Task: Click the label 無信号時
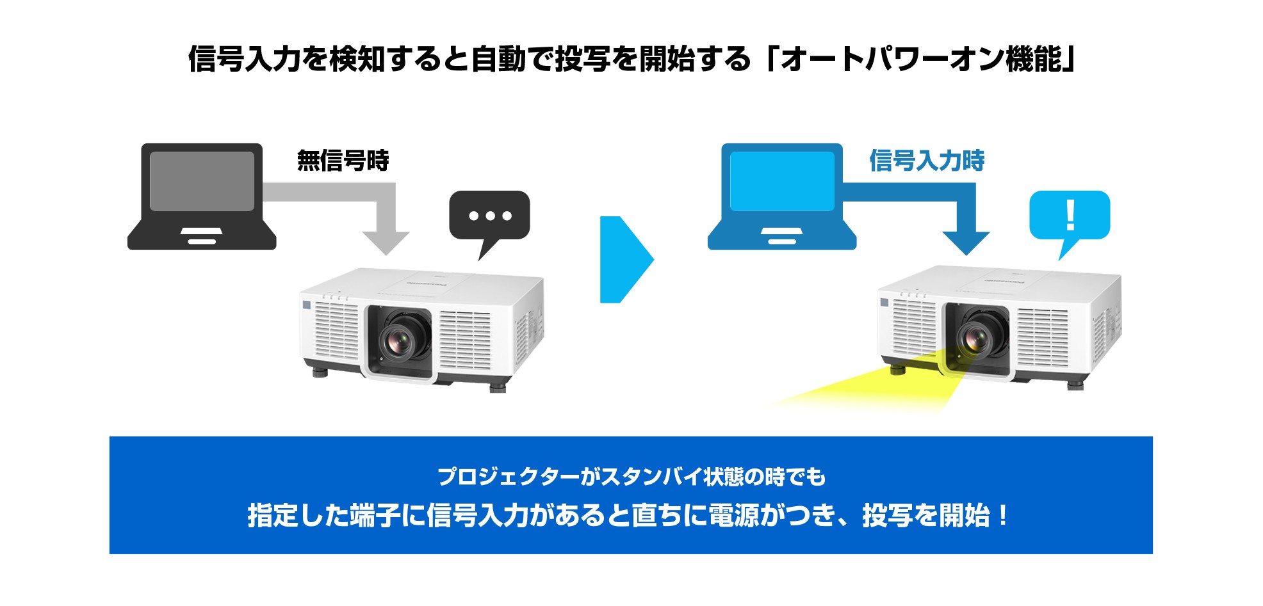point(343,161)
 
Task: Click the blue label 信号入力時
point(926,161)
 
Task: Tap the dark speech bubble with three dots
point(489,216)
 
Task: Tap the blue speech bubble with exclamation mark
point(1069,216)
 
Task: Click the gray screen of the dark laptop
point(202,181)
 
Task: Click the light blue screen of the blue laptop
point(782,181)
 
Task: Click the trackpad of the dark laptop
point(202,232)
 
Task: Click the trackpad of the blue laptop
point(782,232)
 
